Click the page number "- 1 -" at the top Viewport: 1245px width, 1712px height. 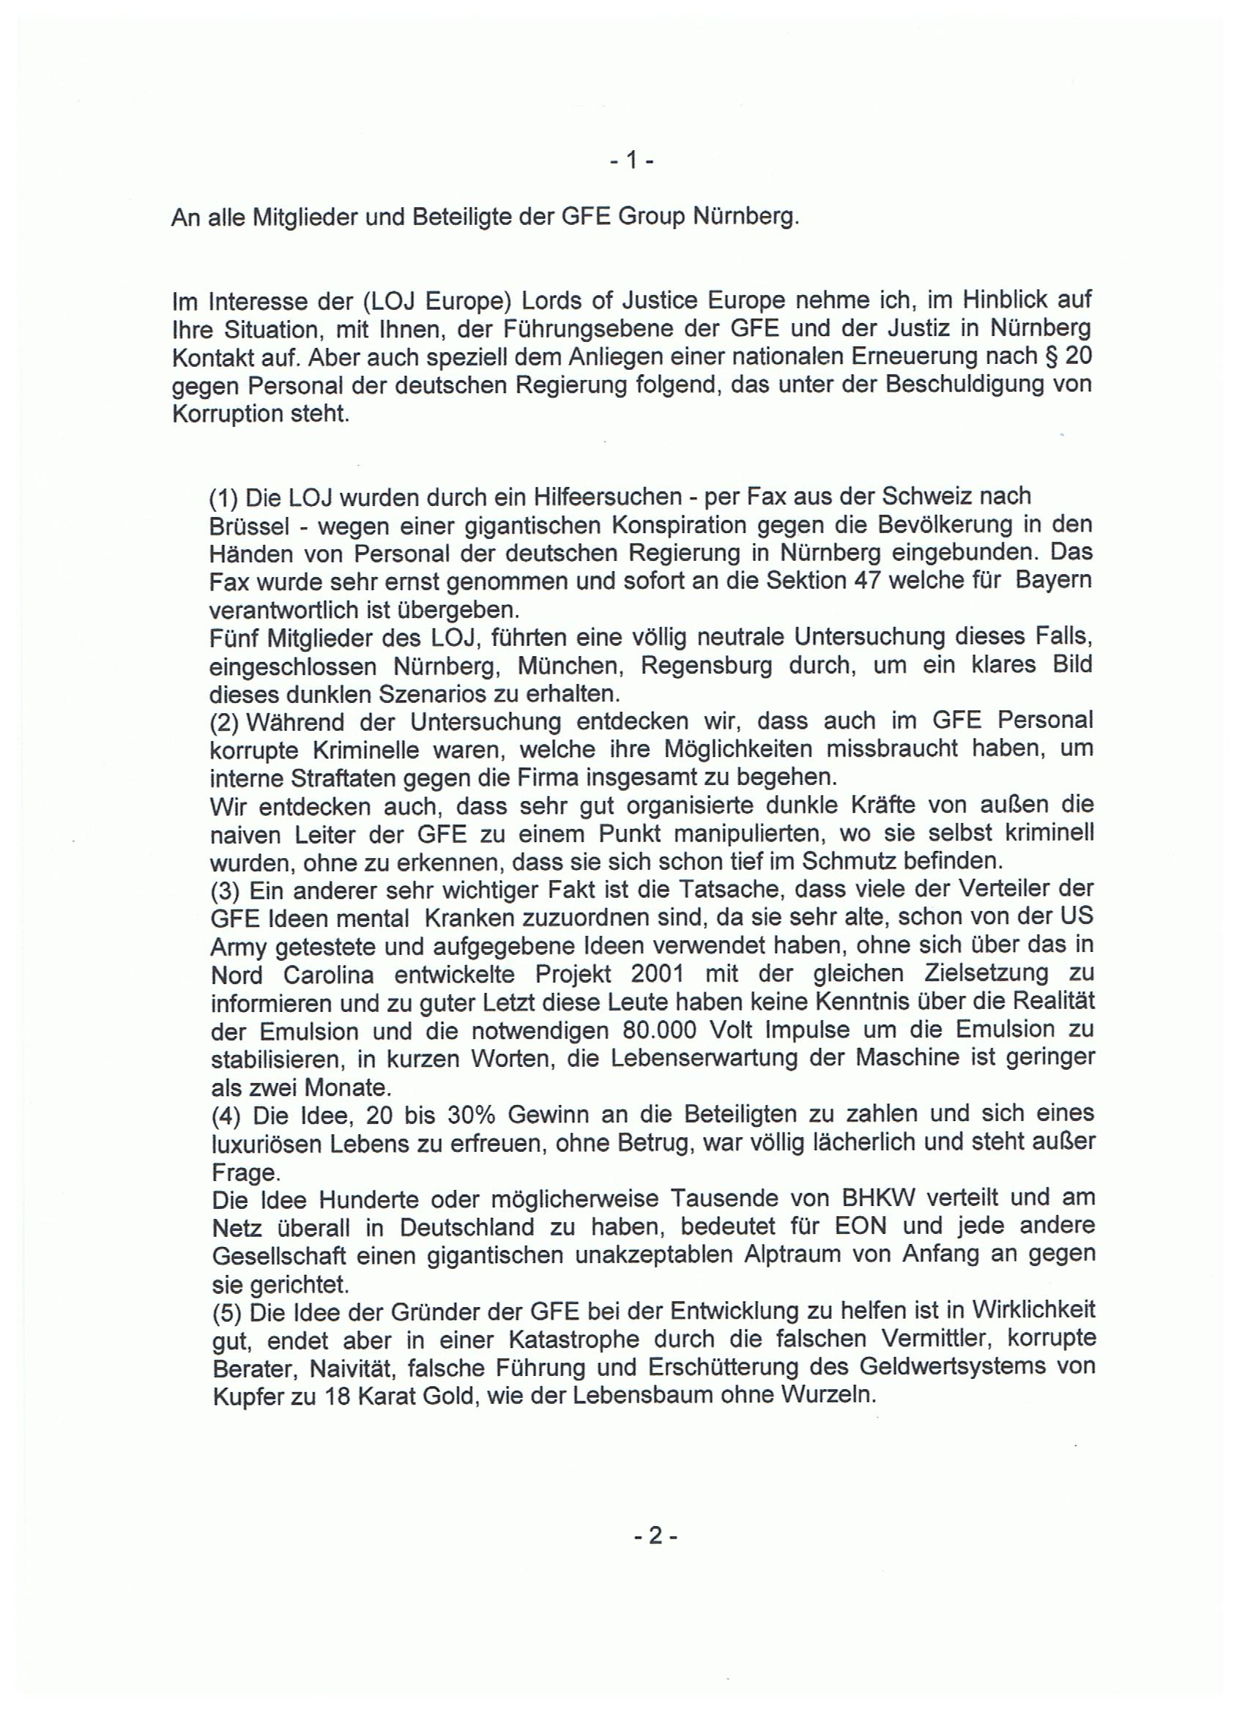pyautogui.click(x=631, y=160)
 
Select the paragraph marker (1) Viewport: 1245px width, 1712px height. pyautogui.click(x=223, y=497)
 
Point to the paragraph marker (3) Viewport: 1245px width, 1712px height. pyautogui.click(x=225, y=890)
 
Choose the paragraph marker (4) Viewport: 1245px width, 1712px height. pyautogui.click(x=225, y=1114)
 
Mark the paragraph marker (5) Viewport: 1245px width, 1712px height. pyautogui.click(x=225, y=1310)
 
